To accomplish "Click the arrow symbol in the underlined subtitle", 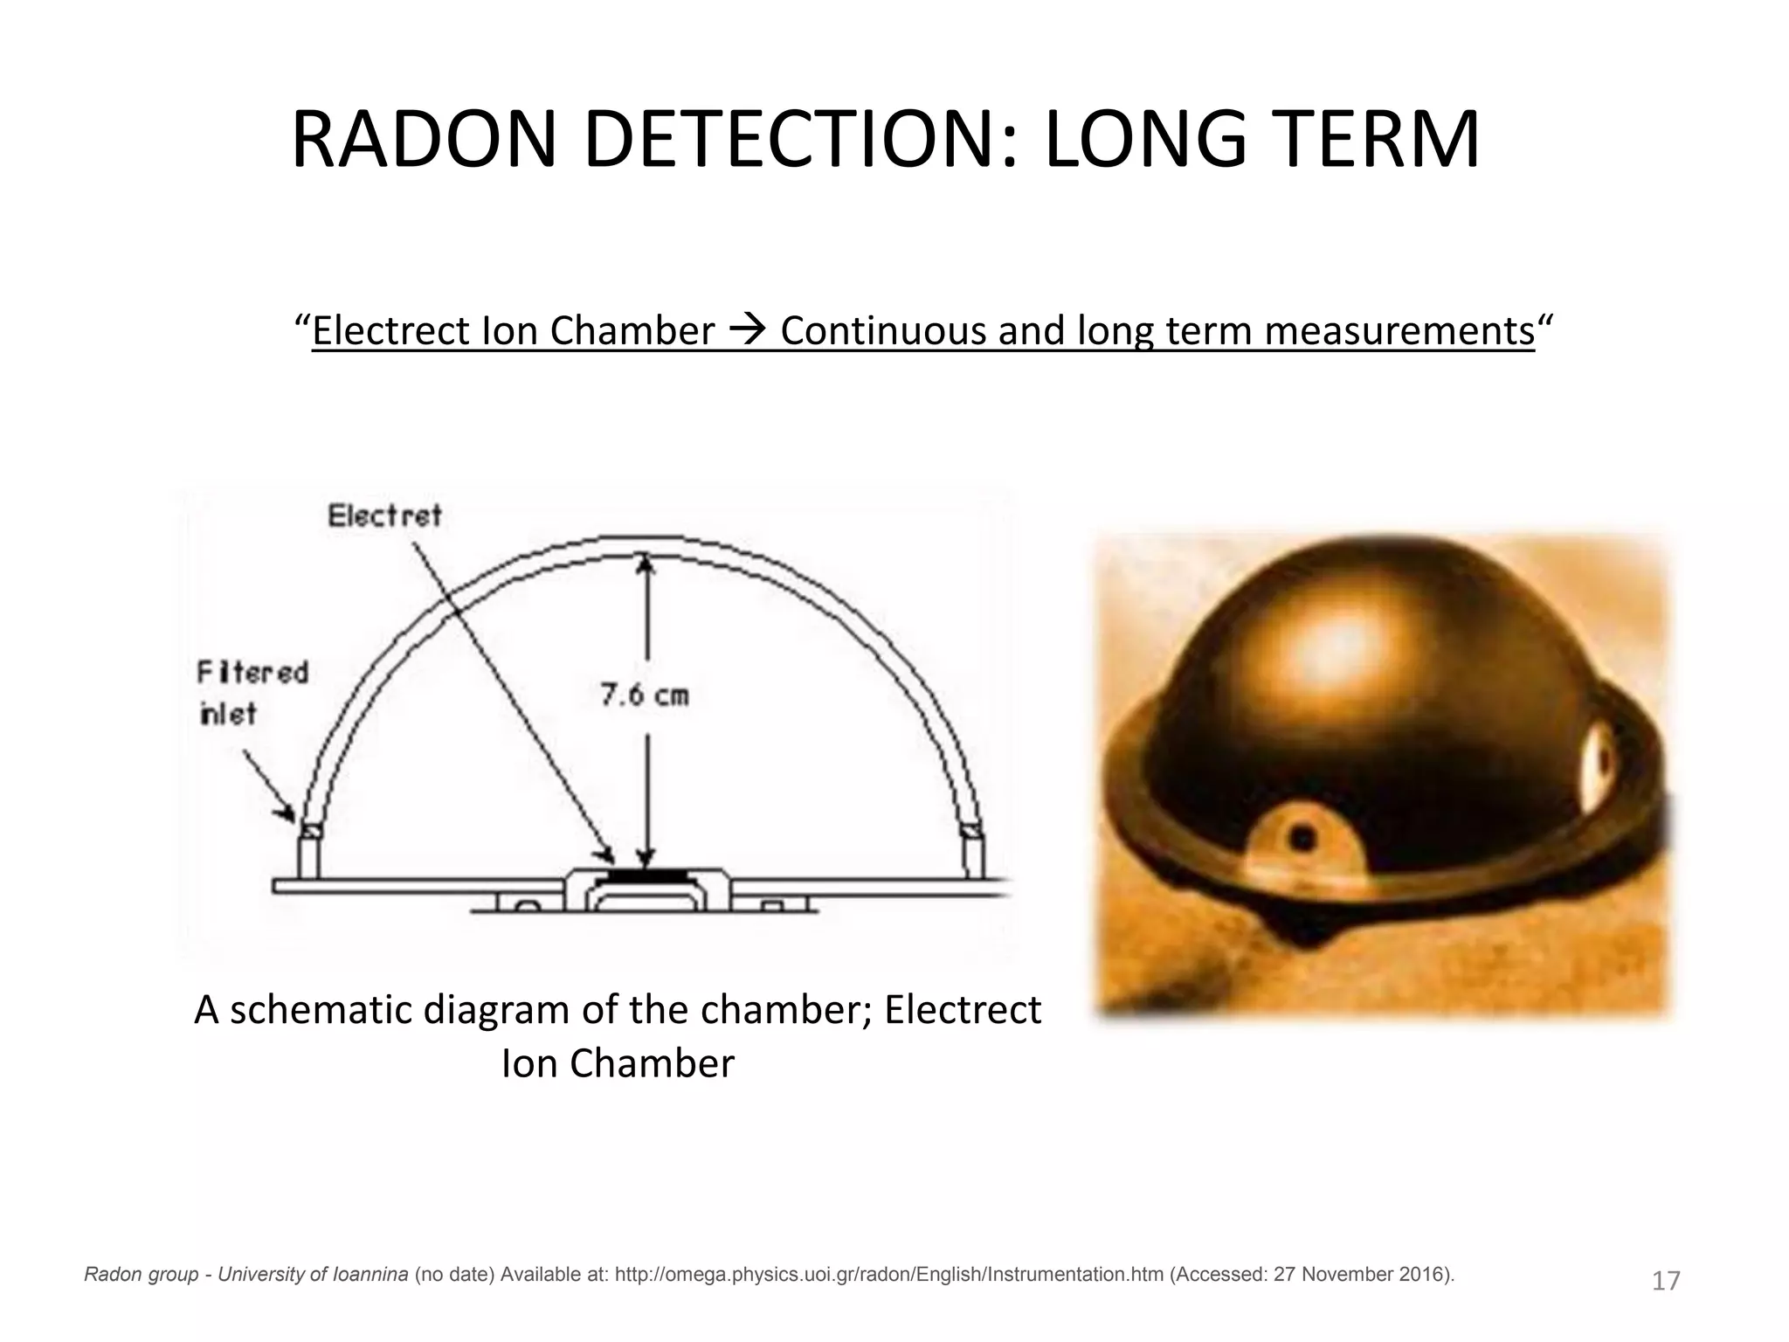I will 747,331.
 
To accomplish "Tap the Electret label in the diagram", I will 384,516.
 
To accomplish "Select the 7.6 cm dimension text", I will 645,695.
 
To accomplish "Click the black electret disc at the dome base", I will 646,874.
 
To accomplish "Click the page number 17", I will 1666,1281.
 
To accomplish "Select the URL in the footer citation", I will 888,1275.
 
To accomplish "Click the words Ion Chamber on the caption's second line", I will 618,1063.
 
